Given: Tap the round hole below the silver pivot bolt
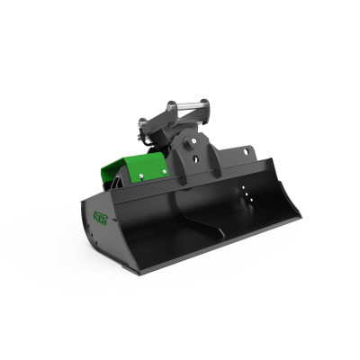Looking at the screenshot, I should tap(193, 158).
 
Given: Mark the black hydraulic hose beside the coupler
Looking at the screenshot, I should tap(146, 138).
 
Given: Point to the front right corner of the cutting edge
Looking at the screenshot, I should tap(299, 217).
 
